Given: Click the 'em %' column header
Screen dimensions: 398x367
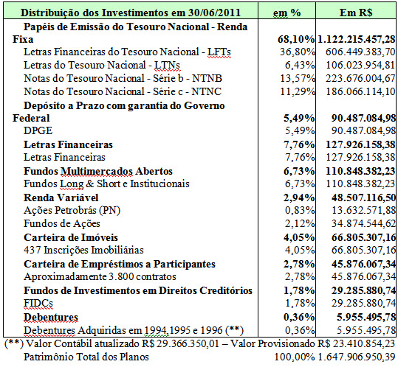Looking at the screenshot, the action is pos(287,13).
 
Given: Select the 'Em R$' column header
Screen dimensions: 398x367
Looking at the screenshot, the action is pos(356,13).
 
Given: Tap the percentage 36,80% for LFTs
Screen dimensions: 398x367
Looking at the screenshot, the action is pos(298,52).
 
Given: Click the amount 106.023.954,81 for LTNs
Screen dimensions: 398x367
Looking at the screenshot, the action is pos(360,65).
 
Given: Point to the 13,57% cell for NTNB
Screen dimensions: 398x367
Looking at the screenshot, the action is pos(298,78).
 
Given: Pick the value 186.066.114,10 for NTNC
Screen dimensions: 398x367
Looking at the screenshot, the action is pos(360,91).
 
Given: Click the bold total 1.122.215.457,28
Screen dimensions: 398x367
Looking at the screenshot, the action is pos(356,39).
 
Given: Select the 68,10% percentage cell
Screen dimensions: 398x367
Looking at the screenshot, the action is pos(296,39).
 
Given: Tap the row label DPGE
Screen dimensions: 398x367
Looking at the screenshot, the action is pos(38,130).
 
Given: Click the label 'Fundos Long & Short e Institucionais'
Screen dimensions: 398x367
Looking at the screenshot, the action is pos(106,184).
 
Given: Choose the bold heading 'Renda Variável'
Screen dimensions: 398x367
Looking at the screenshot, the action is pos(61,198).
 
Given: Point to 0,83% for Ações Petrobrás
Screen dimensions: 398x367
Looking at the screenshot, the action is pos(300,210).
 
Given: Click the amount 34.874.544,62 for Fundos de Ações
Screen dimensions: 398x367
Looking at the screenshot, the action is pos(363,223).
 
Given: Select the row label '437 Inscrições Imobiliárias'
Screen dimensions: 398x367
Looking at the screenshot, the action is pos(83,250).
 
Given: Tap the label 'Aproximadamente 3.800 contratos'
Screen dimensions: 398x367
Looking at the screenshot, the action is pos(100,276).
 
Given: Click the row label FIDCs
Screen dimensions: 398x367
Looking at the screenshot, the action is pos(38,303).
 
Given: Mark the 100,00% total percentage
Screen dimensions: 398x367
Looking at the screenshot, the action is pos(295,357).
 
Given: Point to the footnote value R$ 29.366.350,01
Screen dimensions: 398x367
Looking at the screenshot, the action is pos(180,343).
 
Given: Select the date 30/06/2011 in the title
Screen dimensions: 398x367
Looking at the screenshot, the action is pos(214,13).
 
